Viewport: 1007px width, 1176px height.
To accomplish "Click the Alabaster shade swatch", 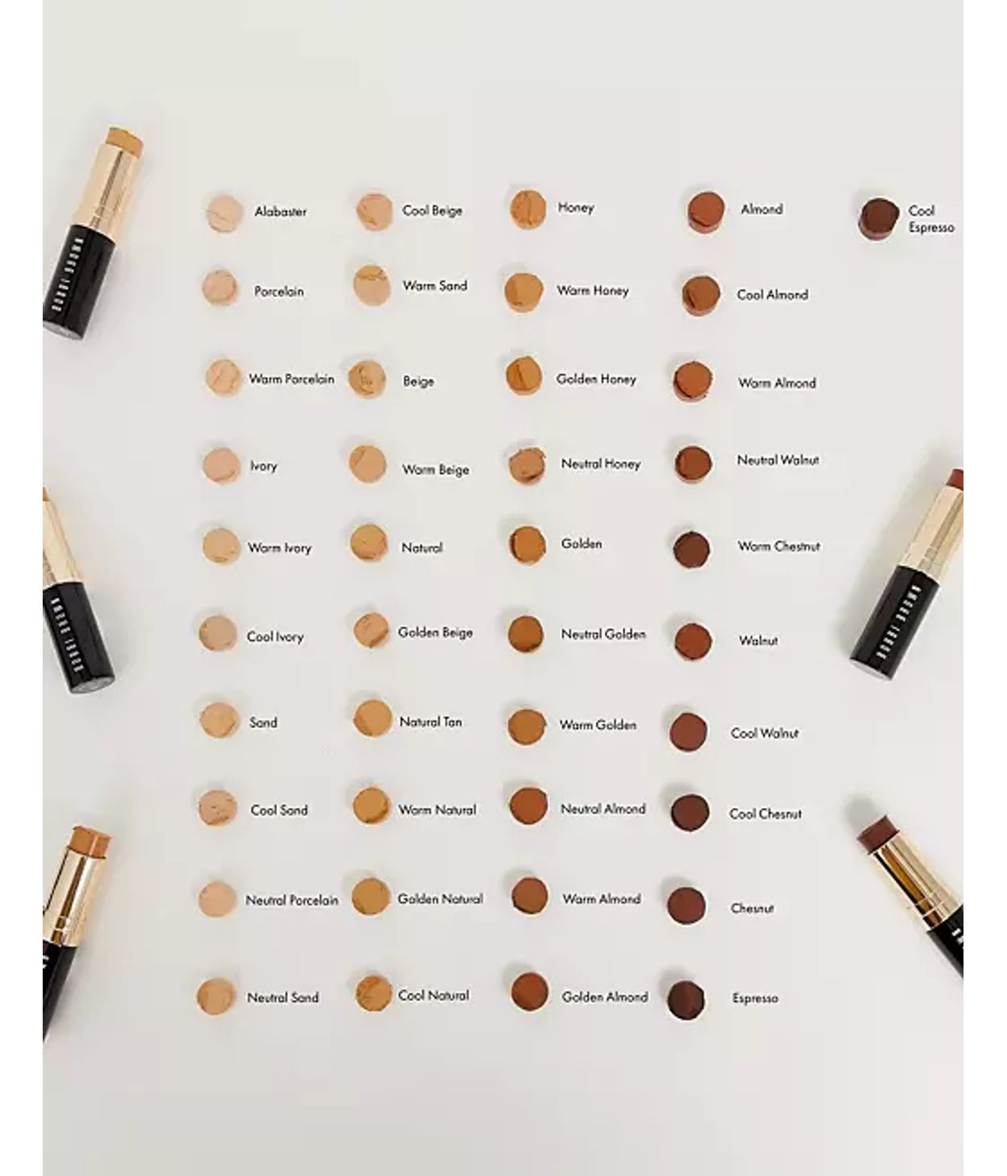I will (224, 213).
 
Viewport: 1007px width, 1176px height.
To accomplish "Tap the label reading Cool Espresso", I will (930, 219).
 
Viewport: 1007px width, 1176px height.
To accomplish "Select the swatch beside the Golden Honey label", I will (524, 375).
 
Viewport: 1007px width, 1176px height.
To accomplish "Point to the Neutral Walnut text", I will (777, 461).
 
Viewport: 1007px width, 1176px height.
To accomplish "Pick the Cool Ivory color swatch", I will (218, 634).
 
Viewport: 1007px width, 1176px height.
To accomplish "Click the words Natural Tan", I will (431, 723).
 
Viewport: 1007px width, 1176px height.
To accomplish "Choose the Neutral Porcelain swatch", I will (217, 899).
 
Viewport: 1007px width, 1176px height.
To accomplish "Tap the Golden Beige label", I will (435, 633).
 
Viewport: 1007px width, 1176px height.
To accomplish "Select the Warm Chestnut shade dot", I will (691, 549).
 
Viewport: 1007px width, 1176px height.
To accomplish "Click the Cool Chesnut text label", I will (765, 814).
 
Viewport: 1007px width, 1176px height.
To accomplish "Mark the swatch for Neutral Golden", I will (526, 634).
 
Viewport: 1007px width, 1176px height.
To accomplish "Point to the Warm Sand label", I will (435, 286).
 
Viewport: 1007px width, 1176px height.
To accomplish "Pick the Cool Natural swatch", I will (372, 993).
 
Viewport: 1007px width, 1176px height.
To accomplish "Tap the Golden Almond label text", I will (604, 997).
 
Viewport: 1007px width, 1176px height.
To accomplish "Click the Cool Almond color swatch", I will (700, 296).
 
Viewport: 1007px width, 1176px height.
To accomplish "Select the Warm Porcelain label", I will (291, 379).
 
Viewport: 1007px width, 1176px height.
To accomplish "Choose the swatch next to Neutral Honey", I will (527, 466).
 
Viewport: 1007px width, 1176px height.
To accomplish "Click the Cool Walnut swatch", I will (689, 731).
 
